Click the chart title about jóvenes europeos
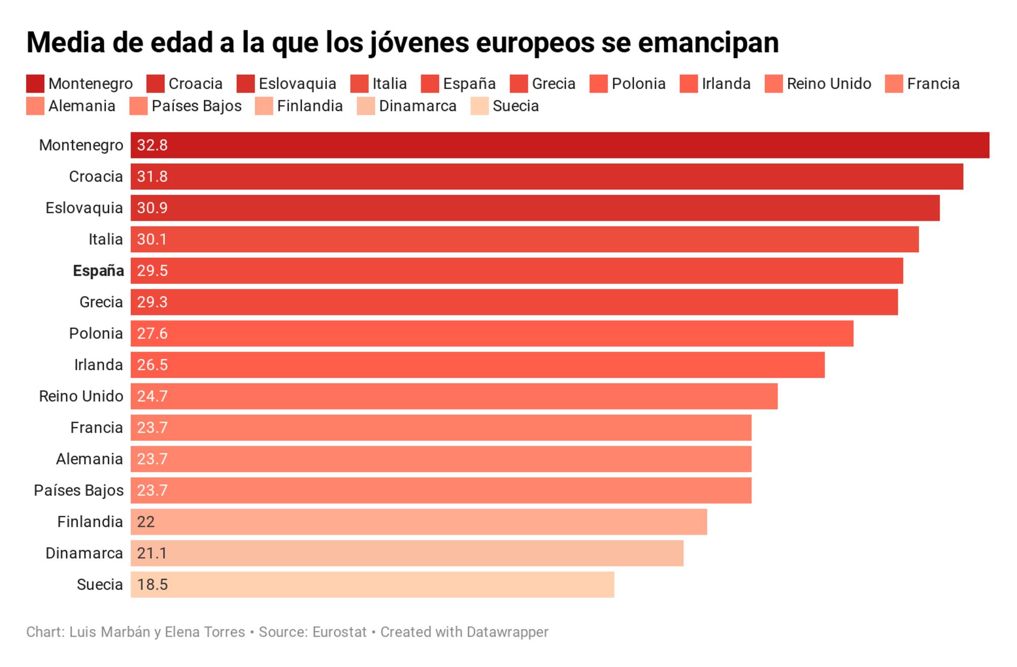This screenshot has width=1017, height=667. coord(402,42)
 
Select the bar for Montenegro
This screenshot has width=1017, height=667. coord(559,145)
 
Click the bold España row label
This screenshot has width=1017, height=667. coord(98,271)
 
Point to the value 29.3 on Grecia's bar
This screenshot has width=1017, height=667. coord(152,302)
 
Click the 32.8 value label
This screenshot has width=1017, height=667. coord(152,145)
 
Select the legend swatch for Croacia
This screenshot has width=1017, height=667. coord(155,84)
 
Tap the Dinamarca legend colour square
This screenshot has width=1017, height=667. coord(366,106)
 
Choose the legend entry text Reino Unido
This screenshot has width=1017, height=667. coord(829,84)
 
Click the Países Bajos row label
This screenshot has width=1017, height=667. coord(78,490)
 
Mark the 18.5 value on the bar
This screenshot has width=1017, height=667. coord(152,585)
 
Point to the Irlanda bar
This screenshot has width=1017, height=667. coord(477,365)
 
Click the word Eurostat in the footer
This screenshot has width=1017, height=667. coord(339,632)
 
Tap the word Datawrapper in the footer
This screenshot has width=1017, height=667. coord(507,632)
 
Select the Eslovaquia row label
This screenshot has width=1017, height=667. coord(84,208)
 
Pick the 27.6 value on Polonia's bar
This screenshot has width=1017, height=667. coord(152,334)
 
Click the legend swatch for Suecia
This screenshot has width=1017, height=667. coord(479,106)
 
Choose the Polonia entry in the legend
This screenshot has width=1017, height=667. coord(638,84)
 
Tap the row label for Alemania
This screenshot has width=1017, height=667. coord(89,459)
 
